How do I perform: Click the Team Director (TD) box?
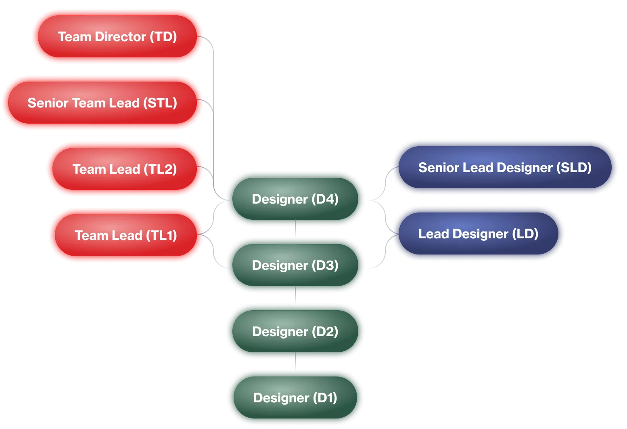tap(117, 37)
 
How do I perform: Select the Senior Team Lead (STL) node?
tap(102, 103)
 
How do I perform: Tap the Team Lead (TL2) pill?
tap(125, 169)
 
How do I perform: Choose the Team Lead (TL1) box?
tap(126, 236)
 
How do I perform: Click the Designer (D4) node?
tap(295, 199)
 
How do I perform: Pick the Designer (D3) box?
tap(295, 265)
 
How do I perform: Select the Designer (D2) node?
tap(295, 332)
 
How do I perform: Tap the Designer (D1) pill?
tap(295, 398)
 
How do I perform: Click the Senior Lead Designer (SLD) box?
tap(505, 168)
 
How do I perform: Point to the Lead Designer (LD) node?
tap(478, 234)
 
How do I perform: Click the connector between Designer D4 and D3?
tap(295, 229)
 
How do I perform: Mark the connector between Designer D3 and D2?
tap(295, 295)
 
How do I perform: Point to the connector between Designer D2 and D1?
tap(295, 362)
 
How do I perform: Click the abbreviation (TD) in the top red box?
tap(163, 37)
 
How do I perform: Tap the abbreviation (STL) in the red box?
tap(160, 103)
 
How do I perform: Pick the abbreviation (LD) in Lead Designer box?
tap(525, 234)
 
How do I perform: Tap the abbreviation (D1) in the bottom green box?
tap(325, 398)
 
